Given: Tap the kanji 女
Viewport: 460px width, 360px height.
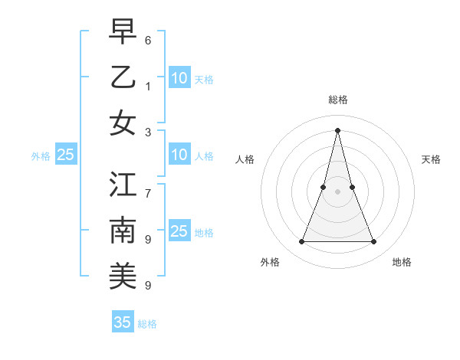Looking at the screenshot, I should (x=123, y=123).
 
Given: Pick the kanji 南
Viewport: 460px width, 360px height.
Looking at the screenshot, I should (x=123, y=230).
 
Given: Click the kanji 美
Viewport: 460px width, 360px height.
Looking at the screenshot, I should (x=123, y=277).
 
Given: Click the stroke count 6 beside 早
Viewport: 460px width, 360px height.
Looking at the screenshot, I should (x=147, y=39).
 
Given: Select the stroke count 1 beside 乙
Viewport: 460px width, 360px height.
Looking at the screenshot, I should (x=147, y=86).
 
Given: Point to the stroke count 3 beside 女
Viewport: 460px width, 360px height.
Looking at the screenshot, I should (x=147, y=133).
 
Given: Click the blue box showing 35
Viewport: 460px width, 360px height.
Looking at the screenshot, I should (x=123, y=322).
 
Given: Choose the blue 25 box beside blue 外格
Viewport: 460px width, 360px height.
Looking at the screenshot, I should (x=65, y=155).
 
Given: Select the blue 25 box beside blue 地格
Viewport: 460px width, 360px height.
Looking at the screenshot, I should (x=179, y=231).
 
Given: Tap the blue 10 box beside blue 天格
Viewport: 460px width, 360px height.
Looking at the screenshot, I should (x=179, y=77).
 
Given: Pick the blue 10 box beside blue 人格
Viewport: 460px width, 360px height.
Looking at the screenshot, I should (x=179, y=155).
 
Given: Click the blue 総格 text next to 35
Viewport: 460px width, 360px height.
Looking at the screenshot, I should (x=147, y=324).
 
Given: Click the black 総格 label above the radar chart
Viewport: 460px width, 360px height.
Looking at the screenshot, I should (x=337, y=100).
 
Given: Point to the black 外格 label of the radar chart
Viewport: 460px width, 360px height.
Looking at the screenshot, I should (x=270, y=262).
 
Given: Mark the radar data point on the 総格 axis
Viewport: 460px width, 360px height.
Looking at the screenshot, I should (x=337, y=129).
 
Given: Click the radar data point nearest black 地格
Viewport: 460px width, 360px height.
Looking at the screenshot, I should (x=374, y=242).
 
